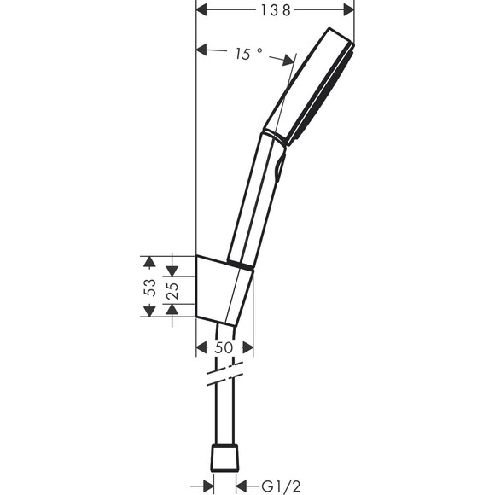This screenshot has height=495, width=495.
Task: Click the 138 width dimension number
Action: [276, 9]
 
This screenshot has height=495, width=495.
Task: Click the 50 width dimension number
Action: [224, 347]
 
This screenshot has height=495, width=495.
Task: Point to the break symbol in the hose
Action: [226, 376]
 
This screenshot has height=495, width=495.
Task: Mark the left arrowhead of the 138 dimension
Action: [203, 9]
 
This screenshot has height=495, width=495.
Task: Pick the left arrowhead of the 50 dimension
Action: [202, 347]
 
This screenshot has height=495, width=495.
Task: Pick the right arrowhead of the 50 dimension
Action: [247, 347]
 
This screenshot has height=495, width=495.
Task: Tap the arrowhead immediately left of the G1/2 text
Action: [242, 486]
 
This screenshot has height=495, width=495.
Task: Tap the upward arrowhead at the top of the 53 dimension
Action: [149, 260]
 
